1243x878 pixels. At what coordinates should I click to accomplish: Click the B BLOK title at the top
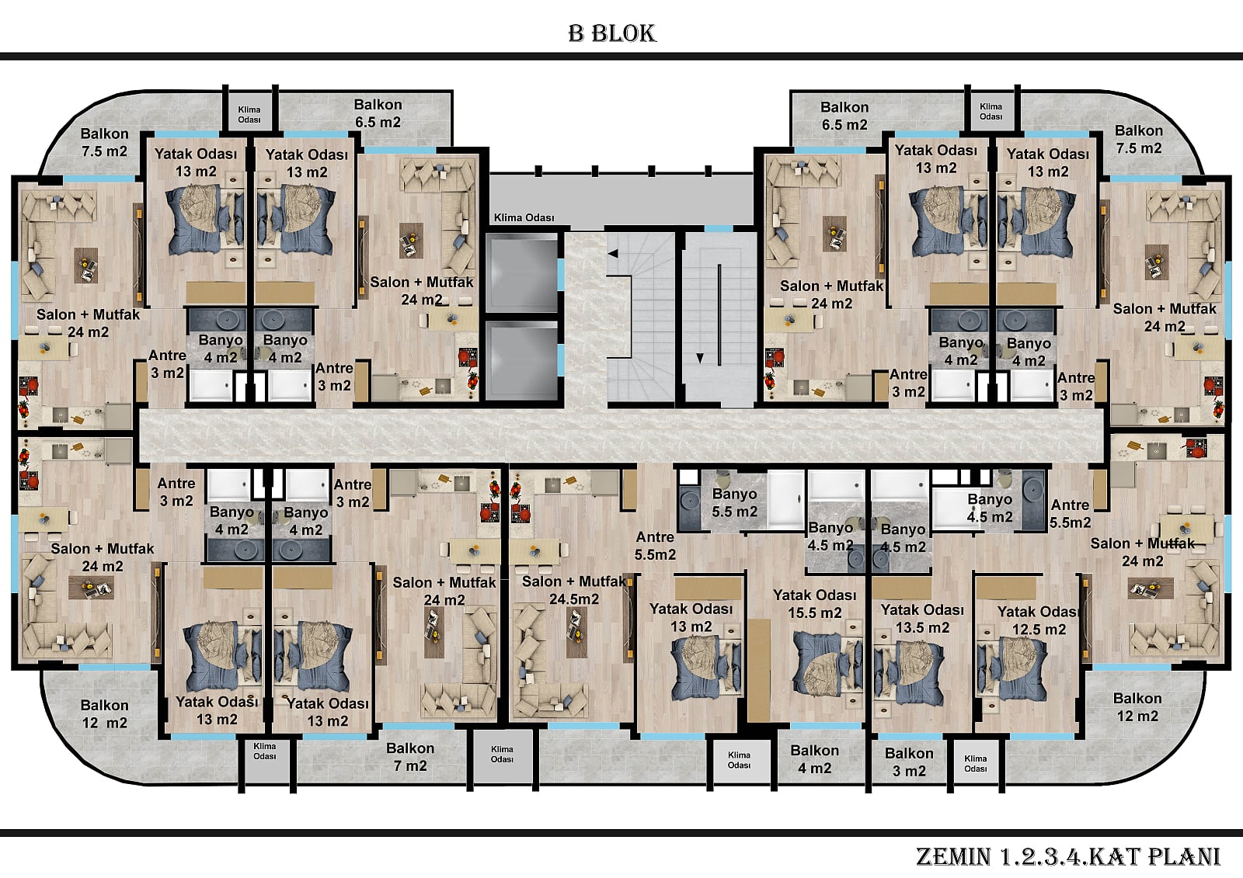pyautogui.click(x=612, y=33)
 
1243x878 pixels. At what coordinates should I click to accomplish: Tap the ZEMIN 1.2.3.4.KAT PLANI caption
pyautogui.click(x=1068, y=856)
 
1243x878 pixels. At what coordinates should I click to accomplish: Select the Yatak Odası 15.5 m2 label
pyautogui.click(x=815, y=604)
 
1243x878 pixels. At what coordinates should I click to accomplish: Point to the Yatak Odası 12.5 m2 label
pyautogui.click(x=1038, y=620)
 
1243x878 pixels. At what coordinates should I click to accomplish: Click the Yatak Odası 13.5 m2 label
pyautogui.click(x=922, y=619)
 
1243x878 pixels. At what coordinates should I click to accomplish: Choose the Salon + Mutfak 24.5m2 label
pyautogui.click(x=574, y=590)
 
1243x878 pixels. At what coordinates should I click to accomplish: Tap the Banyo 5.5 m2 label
pyautogui.click(x=735, y=502)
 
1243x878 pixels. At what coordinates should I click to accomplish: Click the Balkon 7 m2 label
pyautogui.click(x=410, y=757)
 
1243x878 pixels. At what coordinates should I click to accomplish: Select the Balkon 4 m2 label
pyautogui.click(x=815, y=759)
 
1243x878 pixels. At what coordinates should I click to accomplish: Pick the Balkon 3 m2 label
pyautogui.click(x=909, y=762)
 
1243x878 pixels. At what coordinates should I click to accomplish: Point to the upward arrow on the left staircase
pyautogui.click(x=613, y=254)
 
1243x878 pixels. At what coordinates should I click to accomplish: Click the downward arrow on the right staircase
pyautogui.click(x=700, y=359)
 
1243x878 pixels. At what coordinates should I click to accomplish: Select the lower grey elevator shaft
pyautogui.click(x=521, y=360)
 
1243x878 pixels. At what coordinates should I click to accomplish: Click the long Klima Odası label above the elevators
pyautogui.click(x=524, y=217)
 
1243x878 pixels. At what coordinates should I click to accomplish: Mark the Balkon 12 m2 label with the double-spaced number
pyautogui.click(x=104, y=714)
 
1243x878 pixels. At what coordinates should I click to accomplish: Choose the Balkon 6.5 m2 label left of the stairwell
pyautogui.click(x=378, y=113)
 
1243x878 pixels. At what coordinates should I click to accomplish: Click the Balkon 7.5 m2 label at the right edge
pyautogui.click(x=1138, y=139)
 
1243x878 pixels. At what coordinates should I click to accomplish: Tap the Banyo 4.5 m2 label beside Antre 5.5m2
pyautogui.click(x=990, y=508)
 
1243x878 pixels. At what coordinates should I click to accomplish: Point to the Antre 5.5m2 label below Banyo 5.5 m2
pyautogui.click(x=656, y=546)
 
